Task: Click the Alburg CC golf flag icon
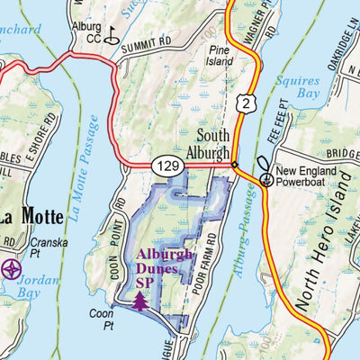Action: [x=111, y=37]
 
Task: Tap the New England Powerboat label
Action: [x=310, y=177]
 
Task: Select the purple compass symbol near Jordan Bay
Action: [x=11, y=268]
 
